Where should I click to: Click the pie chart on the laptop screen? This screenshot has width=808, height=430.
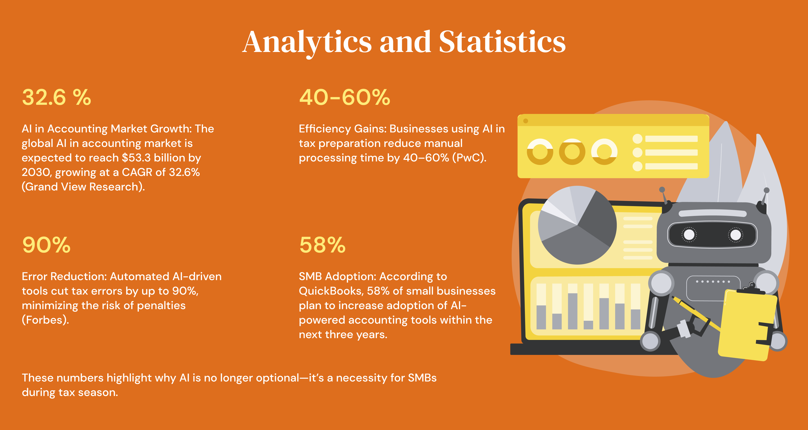[577, 225]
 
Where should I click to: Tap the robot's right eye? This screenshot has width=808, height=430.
[736, 234]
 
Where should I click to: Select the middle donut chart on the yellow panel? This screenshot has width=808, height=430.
[572, 152]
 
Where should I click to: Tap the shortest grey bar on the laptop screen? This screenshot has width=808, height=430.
[588, 325]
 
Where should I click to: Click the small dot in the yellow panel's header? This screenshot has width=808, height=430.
[526, 121]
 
